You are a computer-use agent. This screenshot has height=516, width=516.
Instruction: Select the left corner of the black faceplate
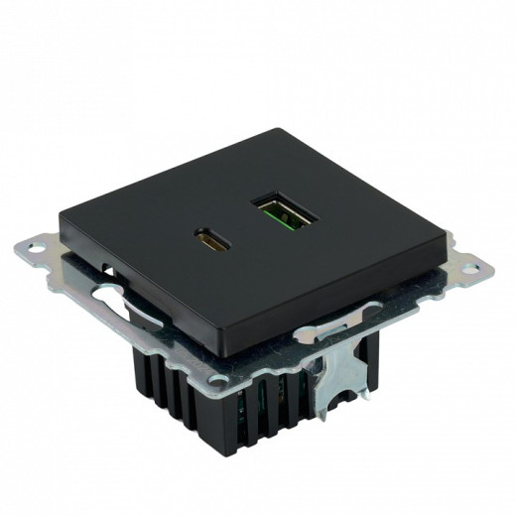tap(62, 215)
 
